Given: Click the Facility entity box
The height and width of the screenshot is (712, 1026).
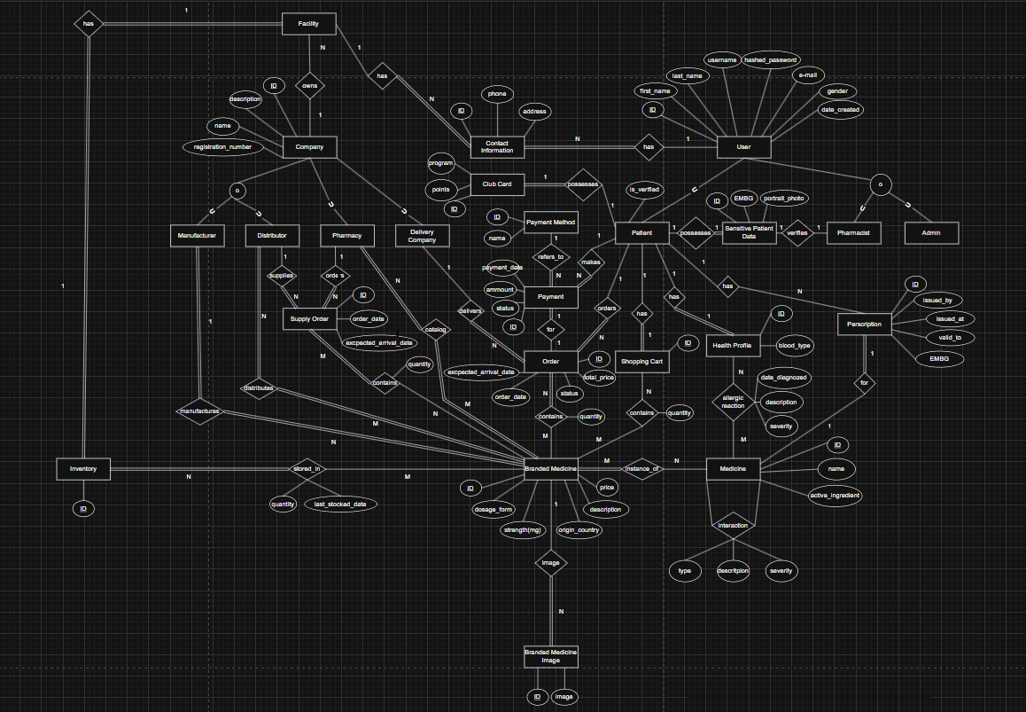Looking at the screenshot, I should click(309, 23).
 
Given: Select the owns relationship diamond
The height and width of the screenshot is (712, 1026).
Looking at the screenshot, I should click(309, 86).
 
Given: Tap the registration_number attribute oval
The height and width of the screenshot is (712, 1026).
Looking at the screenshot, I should click(222, 146).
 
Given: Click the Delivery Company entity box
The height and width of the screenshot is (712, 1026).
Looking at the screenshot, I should click(422, 235).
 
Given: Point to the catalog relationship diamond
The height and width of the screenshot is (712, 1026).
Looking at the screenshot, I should click(436, 329).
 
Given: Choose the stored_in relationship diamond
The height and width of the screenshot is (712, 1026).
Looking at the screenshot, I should click(308, 468).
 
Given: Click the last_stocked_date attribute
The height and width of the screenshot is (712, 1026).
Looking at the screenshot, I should click(340, 504).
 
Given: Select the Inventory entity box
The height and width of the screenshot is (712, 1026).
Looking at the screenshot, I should click(83, 468).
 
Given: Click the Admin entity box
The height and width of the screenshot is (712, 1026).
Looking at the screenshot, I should click(931, 233).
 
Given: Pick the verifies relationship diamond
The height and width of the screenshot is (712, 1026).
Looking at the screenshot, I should click(797, 232).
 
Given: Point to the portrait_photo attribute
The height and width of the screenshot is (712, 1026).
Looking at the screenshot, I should click(784, 199).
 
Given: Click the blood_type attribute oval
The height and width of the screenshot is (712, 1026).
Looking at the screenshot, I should click(794, 345).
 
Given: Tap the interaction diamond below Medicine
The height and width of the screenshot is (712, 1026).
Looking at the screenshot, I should click(734, 525).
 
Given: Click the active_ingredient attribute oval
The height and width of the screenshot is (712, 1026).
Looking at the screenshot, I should click(835, 495).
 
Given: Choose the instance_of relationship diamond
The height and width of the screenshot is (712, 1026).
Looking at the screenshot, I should click(642, 468).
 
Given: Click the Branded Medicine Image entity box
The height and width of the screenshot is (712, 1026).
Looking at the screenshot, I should click(551, 656).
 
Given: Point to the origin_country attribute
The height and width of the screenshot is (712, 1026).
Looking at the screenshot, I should click(579, 529).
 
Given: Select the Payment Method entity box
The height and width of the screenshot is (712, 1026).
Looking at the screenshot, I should click(551, 222).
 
